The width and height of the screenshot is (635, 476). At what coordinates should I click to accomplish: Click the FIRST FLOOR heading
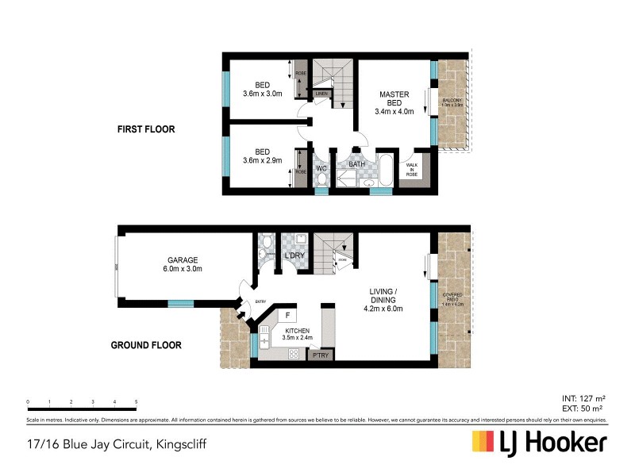(x=145, y=129)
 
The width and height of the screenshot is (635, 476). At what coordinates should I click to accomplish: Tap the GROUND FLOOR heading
(x=145, y=345)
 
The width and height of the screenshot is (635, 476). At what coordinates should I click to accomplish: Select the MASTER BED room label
(x=394, y=98)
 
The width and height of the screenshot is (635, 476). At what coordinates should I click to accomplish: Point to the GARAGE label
(x=182, y=259)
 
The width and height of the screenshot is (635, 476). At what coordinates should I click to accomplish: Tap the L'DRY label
(x=295, y=255)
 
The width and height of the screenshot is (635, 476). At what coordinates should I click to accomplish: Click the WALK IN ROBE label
(x=411, y=169)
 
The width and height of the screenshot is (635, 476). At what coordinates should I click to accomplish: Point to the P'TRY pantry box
(x=320, y=355)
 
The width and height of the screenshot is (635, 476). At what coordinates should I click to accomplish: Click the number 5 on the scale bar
(x=137, y=402)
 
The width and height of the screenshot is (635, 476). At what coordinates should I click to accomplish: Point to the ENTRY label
(x=260, y=301)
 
